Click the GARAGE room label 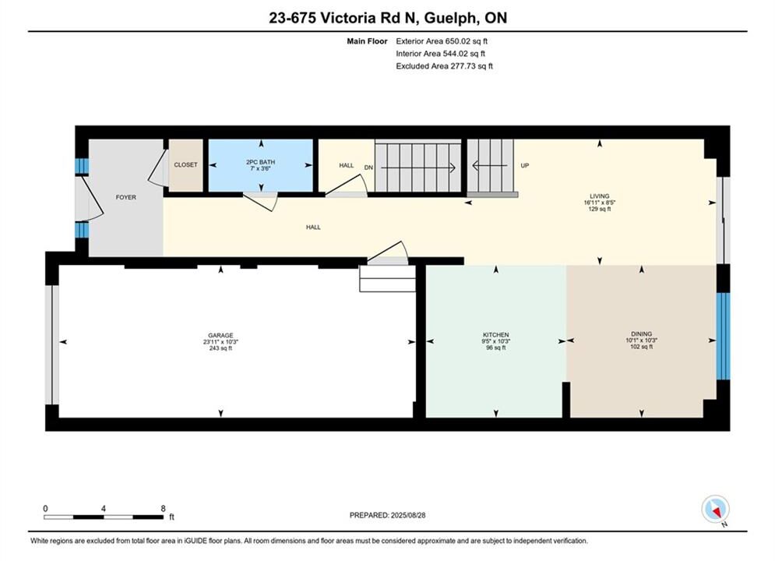[x=220, y=335]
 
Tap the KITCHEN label [x=495, y=334]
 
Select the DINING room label [x=641, y=333]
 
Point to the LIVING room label [x=599, y=196]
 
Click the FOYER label [x=126, y=197]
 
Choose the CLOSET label [x=185, y=164]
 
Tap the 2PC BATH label [x=260, y=162]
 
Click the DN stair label [x=368, y=168]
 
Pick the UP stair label [x=524, y=166]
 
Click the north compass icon [x=715, y=510]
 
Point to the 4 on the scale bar [x=104, y=508]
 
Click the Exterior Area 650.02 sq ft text [x=442, y=41]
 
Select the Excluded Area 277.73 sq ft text [x=444, y=66]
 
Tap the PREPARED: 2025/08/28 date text [x=388, y=515]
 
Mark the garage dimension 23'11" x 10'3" [x=220, y=341]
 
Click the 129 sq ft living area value [x=599, y=209]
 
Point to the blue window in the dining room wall [x=723, y=336]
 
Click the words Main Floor [x=367, y=41]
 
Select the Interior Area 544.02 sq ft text [x=440, y=54]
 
